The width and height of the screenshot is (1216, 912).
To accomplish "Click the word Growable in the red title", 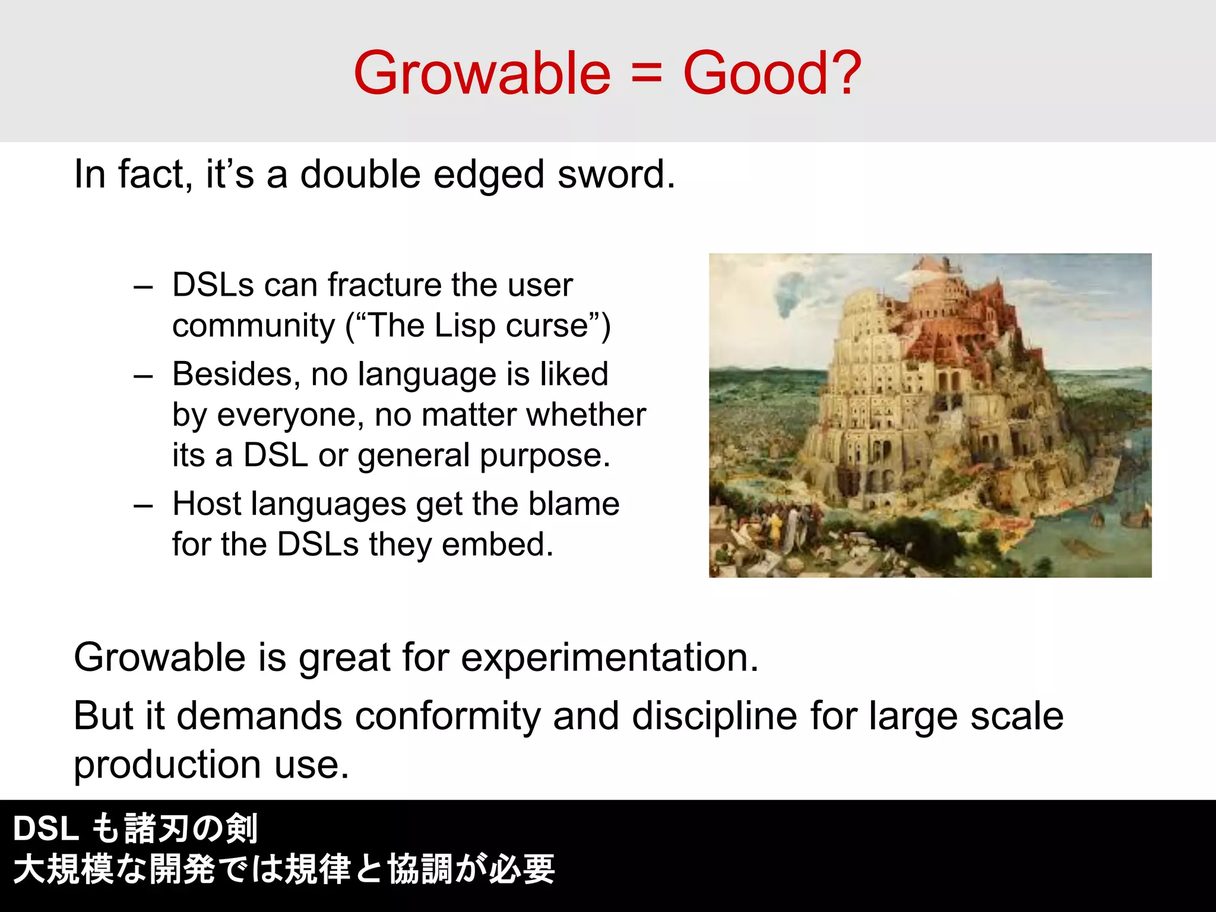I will (482, 73).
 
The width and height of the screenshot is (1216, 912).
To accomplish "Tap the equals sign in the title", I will (647, 74).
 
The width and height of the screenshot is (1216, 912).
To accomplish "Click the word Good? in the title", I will (772, 73).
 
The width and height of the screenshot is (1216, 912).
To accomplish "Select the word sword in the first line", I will (615, 175).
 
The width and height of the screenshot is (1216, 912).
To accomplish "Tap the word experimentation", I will (609, 658).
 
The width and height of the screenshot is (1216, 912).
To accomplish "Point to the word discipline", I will (714, 715).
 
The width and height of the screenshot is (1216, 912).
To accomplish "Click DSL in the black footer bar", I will (46, 828).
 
